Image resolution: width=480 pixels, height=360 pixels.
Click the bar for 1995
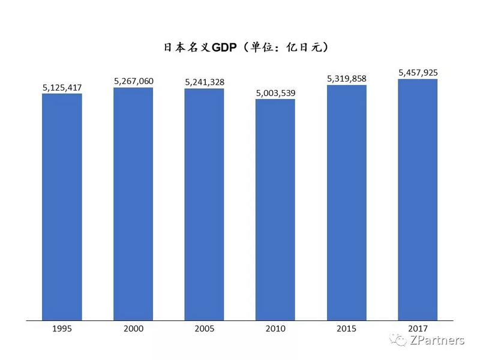click(x=62, y=206)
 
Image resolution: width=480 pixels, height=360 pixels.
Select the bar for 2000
click(x=133, y=203)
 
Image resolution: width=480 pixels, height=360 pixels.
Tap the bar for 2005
click(x=204, y=204)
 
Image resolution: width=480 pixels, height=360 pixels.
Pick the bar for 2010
click(x=275, y=209)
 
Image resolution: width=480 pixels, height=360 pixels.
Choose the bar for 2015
click(x=346, y=202)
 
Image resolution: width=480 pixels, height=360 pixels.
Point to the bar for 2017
click(x=418, y=199)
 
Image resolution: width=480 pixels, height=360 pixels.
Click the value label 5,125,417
click(x=62, y=88)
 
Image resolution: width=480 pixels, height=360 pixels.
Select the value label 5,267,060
click(x=133, y=82)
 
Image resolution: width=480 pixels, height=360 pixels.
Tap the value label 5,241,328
click(x=204, y=82)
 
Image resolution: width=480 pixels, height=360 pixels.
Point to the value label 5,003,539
click(x=275, y=93)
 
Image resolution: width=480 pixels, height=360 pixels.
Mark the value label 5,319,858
click(x=346, y=79)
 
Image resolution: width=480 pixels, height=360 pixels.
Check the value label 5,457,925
click(x=418, y=73)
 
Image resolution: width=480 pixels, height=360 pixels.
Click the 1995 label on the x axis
click(x=62, y=329)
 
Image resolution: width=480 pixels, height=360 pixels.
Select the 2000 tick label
click(x=133, y=329)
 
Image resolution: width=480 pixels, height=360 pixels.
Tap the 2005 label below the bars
click(x=204, y=329)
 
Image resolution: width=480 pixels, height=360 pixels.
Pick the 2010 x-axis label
click(x=275, y=329)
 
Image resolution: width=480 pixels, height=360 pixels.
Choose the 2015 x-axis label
click(x=346, y=329)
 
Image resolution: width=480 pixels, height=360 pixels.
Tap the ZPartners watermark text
click(x=437, y=341)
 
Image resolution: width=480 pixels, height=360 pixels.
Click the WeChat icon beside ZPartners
click(x=398, y=340)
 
